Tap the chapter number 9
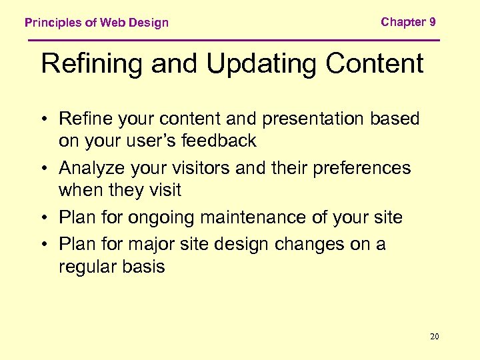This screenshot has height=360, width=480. (x=433, y=22)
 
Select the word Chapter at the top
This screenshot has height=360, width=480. (x=403, y=22)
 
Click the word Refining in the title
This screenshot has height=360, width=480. (x=92, y=64)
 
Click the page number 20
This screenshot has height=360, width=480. (x=435, y=337)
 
